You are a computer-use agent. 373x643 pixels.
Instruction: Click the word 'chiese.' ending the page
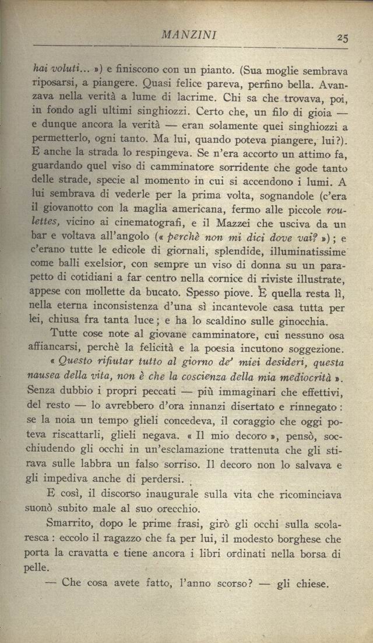tap(313, 583)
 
